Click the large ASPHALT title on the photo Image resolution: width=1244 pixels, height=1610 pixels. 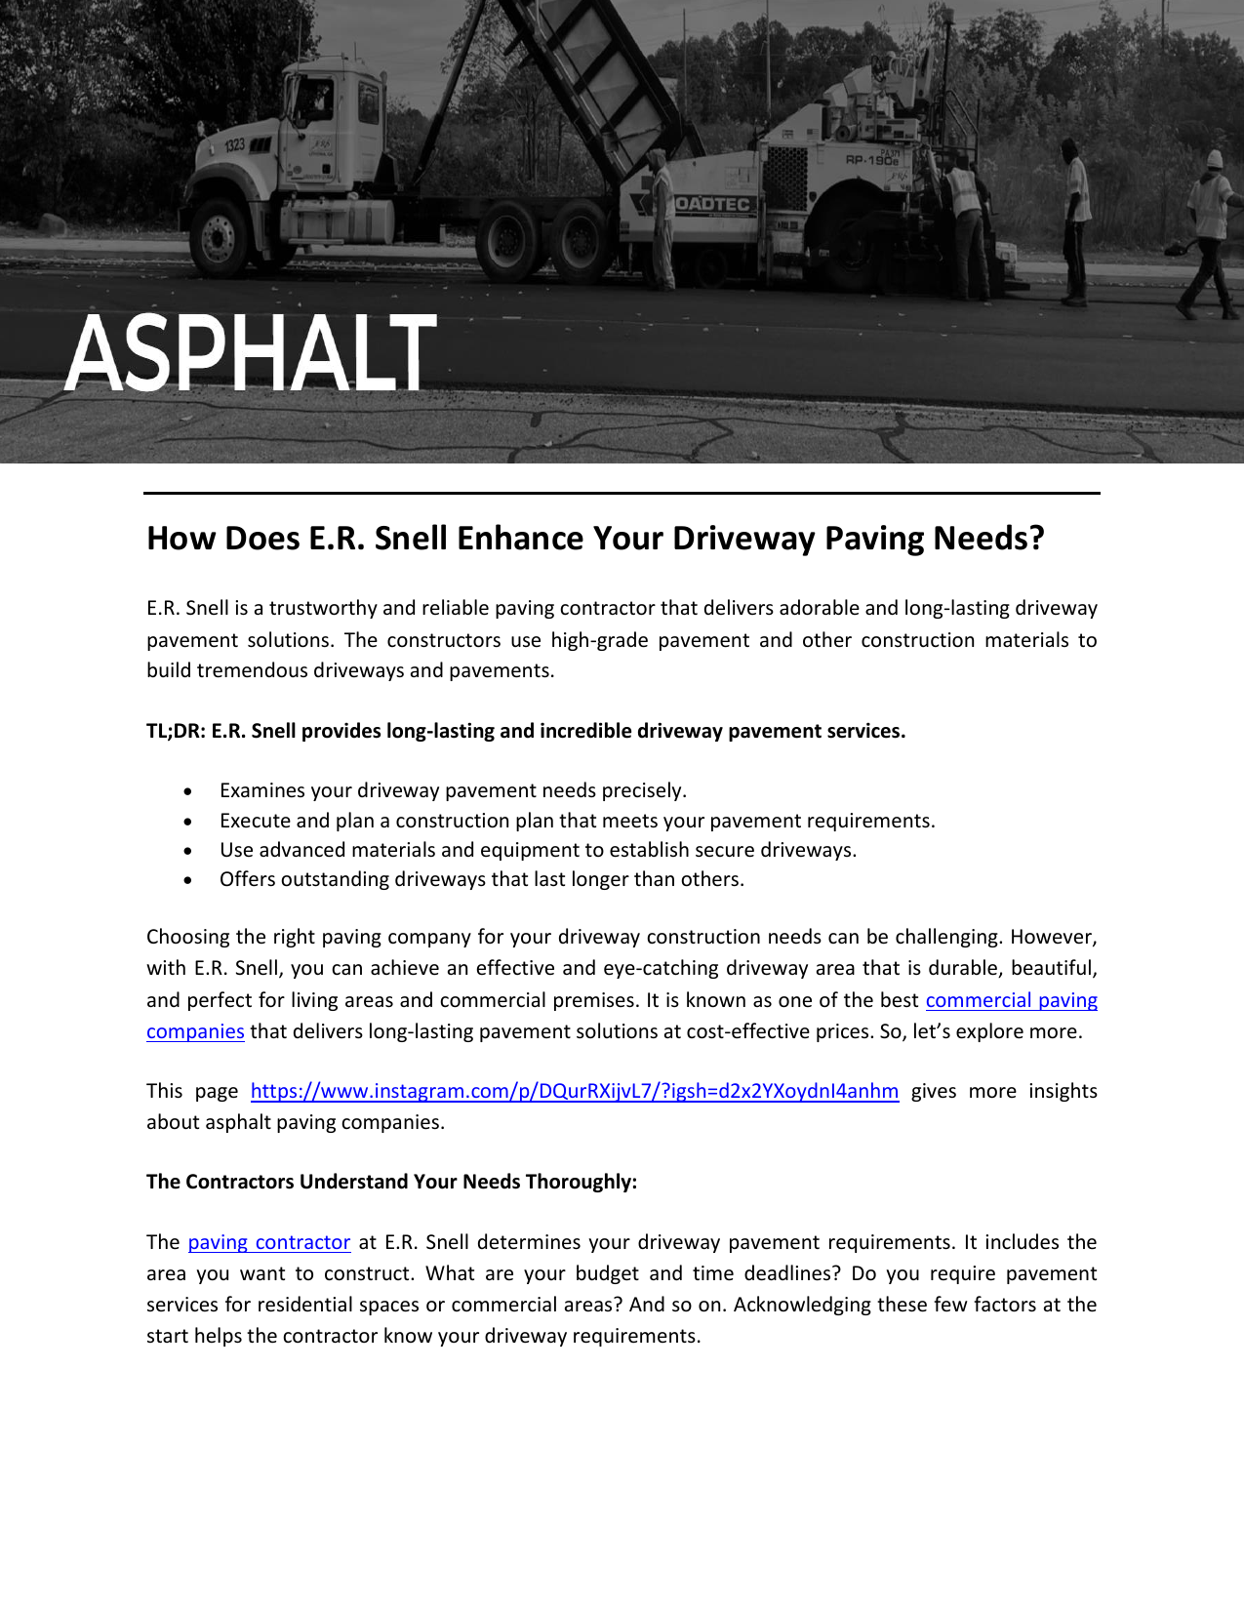pos(251,353)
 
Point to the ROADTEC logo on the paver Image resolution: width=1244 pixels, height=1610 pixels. pos(712,204)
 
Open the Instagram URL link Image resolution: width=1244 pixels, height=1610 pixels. pos(574,1091)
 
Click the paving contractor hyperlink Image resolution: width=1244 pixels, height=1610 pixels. pos(268,1242)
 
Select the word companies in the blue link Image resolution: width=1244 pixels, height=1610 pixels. pos(195,1031)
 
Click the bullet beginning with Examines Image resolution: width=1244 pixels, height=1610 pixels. pos(453,790)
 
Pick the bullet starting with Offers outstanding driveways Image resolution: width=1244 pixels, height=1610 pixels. pos(481,879)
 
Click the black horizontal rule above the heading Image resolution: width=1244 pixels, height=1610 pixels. pos(622,494)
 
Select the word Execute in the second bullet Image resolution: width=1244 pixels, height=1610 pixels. pos(255,821)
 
